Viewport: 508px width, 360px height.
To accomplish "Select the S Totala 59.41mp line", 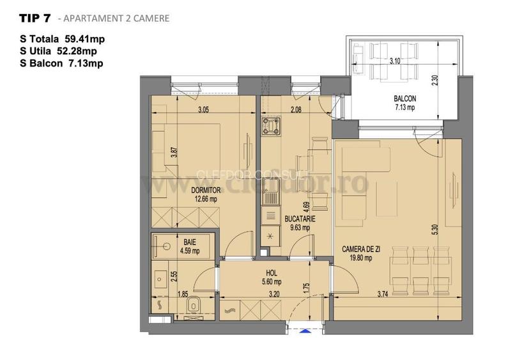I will point(62,39).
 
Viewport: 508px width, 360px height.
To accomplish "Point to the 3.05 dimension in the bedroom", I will point(203,110).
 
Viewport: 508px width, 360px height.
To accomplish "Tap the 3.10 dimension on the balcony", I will point(394,61).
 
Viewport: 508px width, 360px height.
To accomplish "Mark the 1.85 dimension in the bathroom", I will point(182,294).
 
